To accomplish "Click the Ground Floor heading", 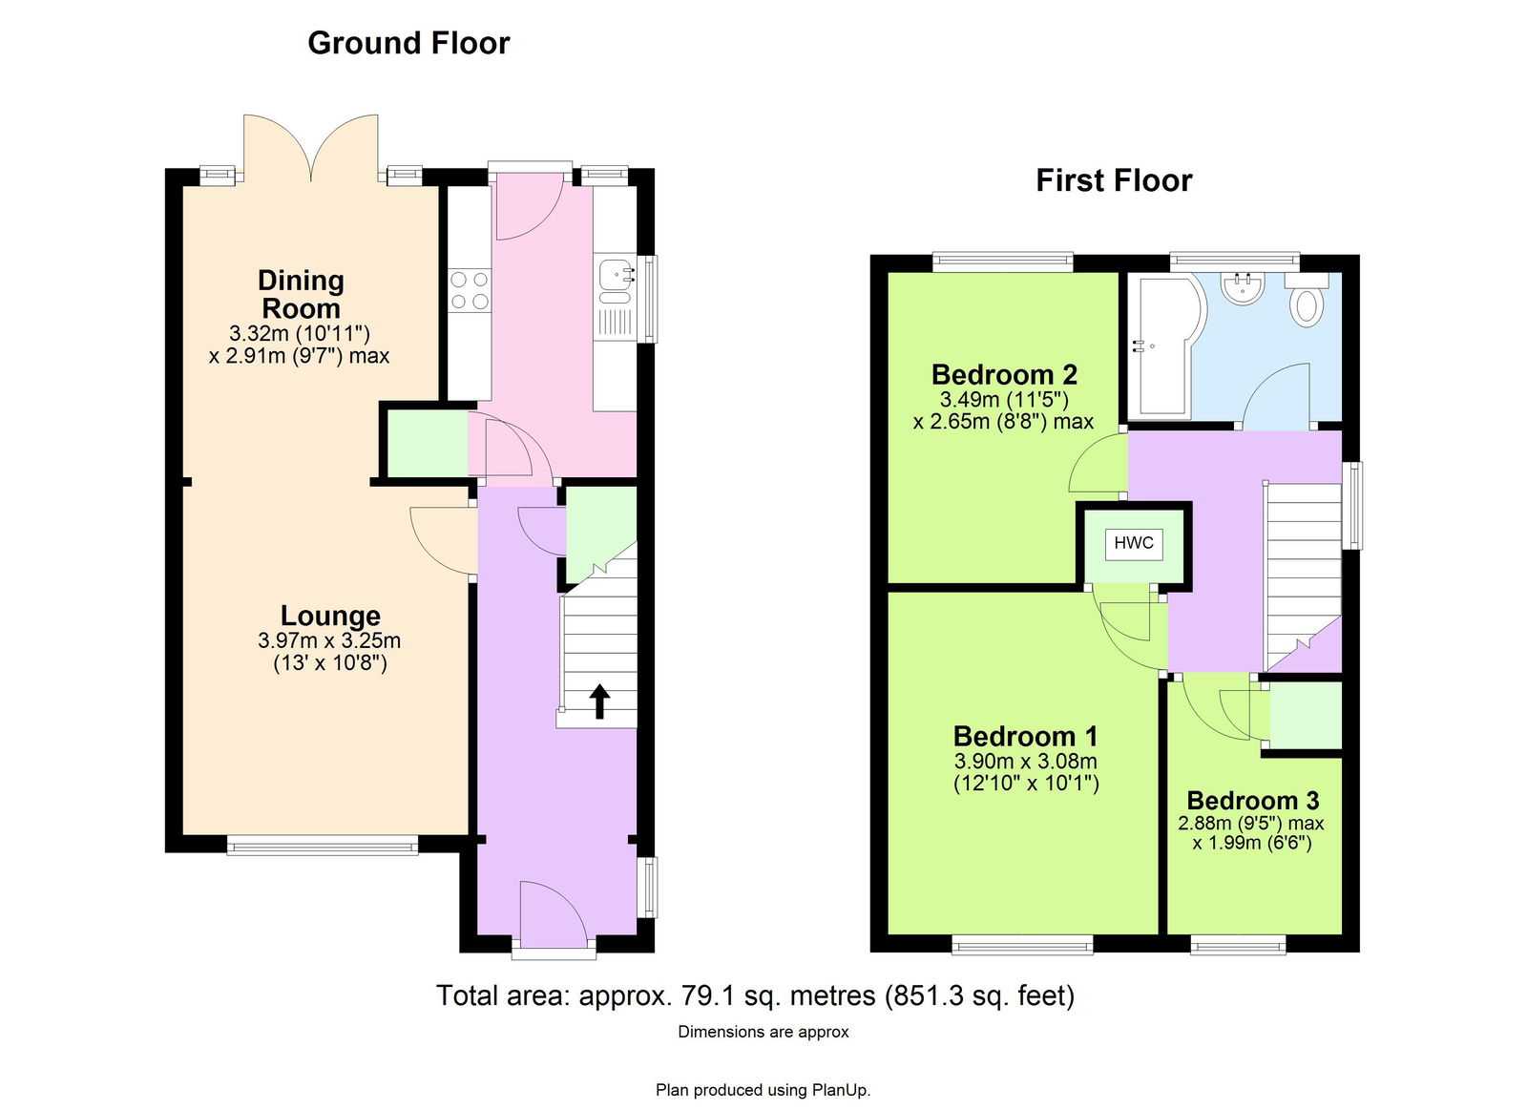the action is click(408, 43).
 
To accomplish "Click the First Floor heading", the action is click(1114, 180).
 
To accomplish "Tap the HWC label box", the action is click(1134, 543).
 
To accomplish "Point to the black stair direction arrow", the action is click(599, 702).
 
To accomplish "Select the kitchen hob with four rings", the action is click(471, 290).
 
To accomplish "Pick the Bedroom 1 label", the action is click(1025, 737).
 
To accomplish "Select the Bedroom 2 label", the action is click(1004, 375).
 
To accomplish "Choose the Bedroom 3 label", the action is click(1253, 801).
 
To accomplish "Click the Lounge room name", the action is click(330, 616).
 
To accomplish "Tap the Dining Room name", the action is click(301, 295).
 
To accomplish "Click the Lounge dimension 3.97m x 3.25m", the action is click(329, 641).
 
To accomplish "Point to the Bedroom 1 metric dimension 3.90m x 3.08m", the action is click(1025, 762).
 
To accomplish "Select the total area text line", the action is click(755, 996).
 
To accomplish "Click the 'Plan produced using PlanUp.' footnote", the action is click(763, 1090).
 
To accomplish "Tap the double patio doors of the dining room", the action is click(311, 149).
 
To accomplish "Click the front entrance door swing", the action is click(553, 914).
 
